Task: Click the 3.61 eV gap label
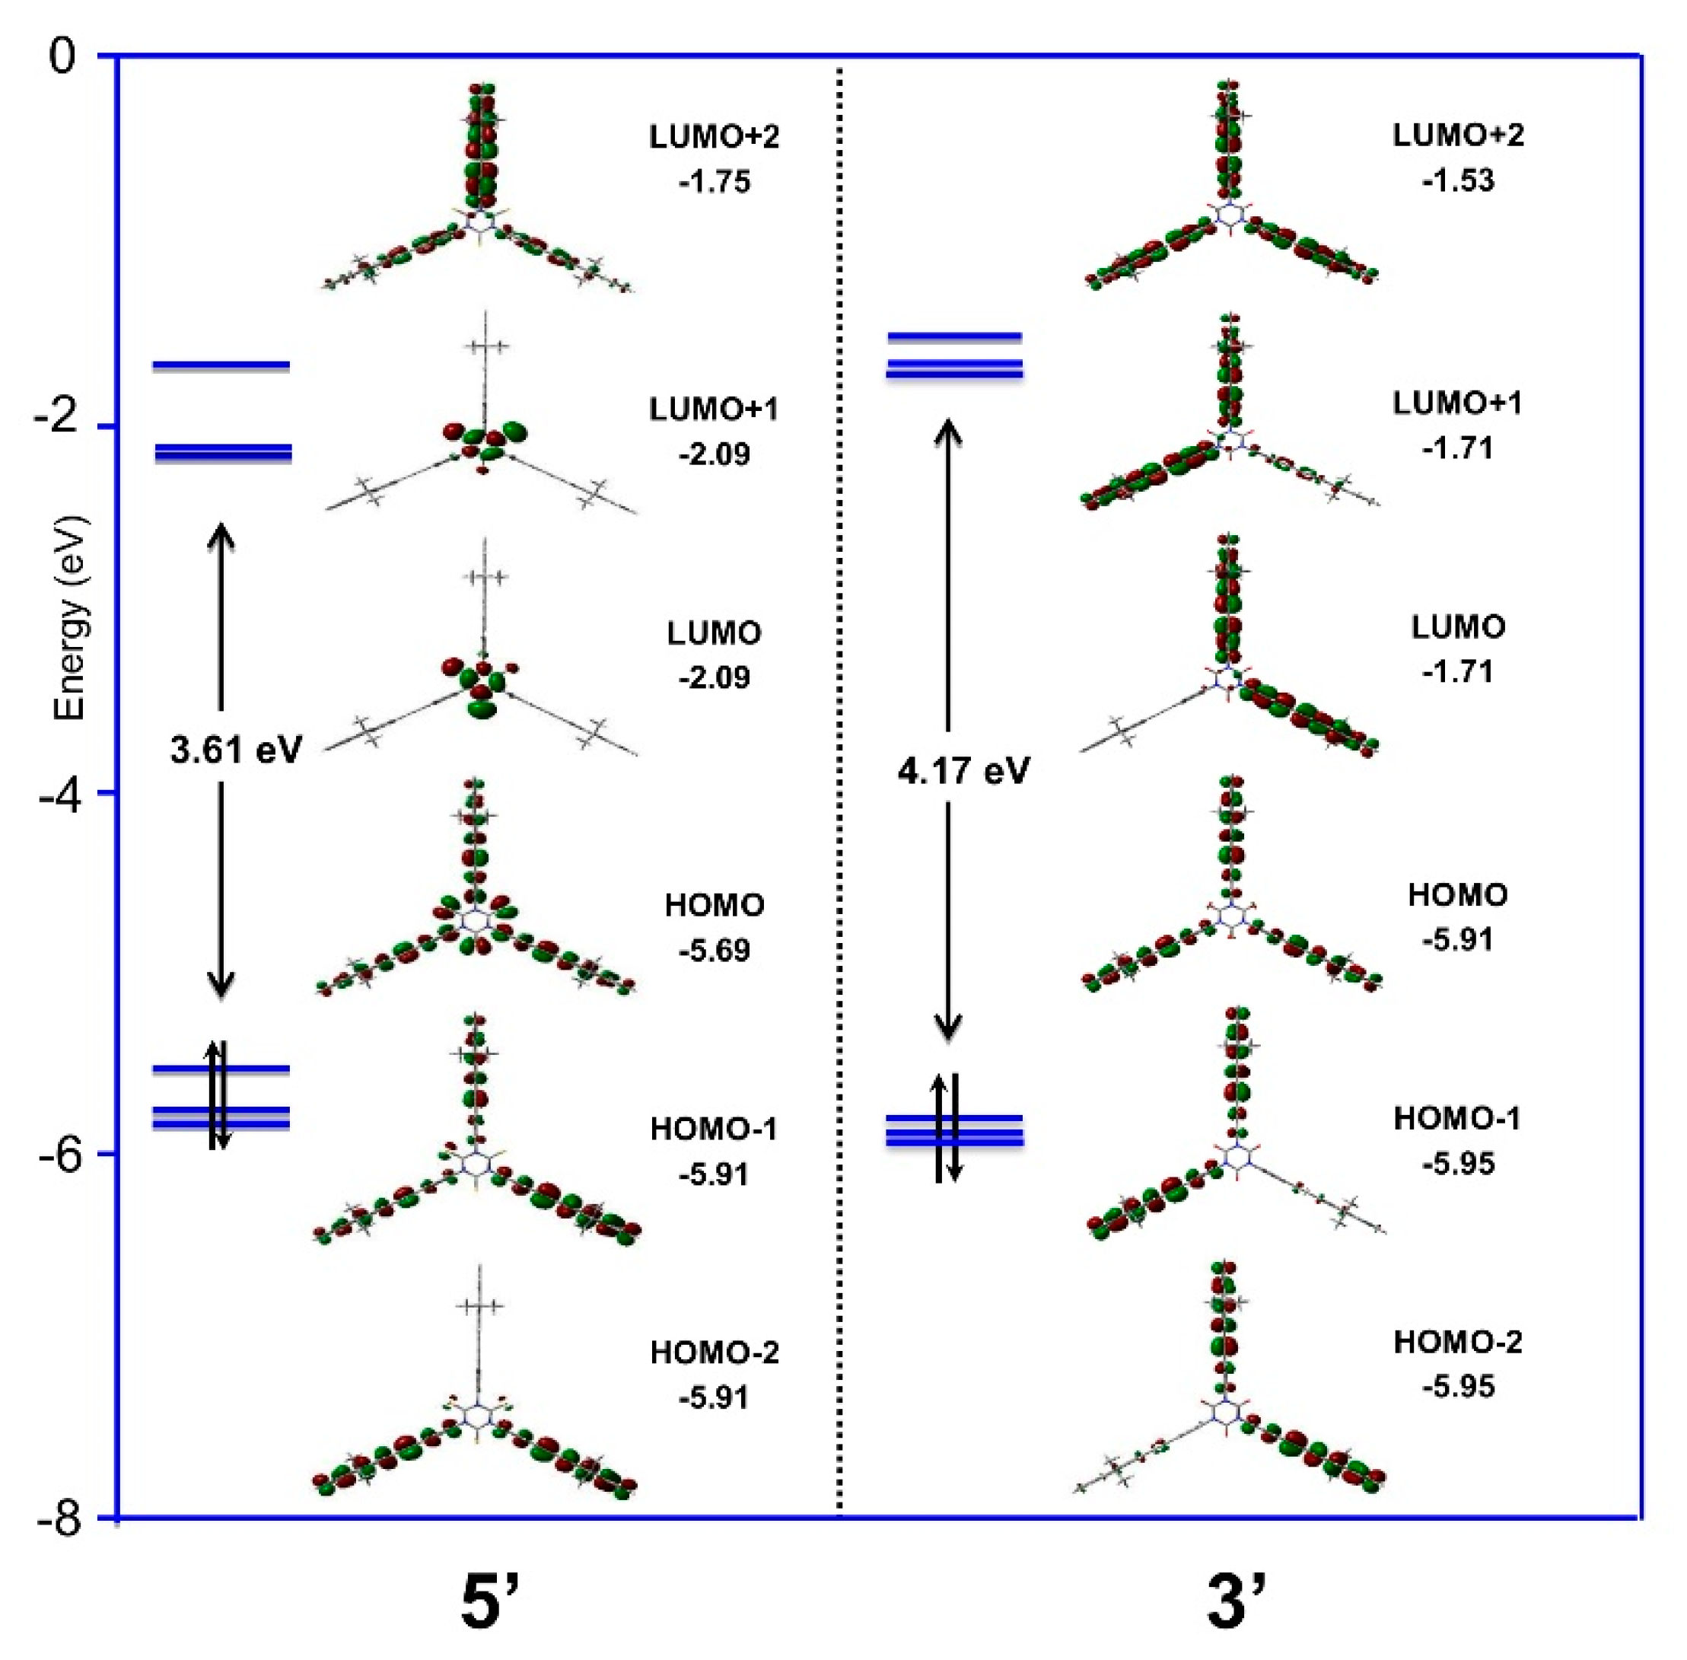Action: point(235,749)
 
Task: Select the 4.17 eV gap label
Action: point(963,769)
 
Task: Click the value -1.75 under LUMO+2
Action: point(713,182)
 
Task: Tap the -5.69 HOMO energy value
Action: point(713,949)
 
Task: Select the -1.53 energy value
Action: point(1457,180)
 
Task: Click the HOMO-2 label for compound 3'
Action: point(1457,1341)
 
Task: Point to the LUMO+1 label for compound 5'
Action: point(713,409)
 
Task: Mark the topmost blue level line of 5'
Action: point(221,365)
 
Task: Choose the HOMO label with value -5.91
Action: point(1457,894)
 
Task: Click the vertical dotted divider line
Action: point(839,785)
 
